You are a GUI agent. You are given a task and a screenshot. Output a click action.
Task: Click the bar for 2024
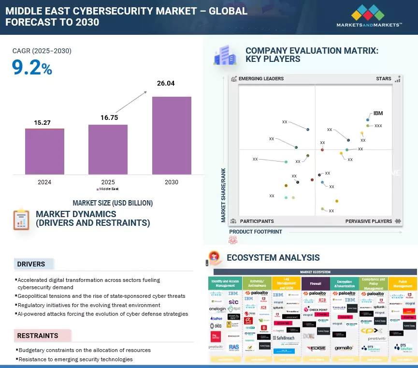pyautogui.click(x=44, y=151)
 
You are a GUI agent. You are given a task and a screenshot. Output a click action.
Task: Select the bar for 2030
pyautogui.click(x=172, y=135)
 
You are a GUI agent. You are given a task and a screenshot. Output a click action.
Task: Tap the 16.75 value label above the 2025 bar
pyautogui.click(x=108, y=117)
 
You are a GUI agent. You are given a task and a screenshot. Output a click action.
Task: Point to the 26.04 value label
pyautogui.click(x=166, y=83)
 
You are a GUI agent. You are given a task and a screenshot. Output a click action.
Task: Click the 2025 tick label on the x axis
pyautogui.click(x=108, y=182)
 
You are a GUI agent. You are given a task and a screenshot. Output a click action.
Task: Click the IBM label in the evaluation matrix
pyautogui.click(x=378, y=113)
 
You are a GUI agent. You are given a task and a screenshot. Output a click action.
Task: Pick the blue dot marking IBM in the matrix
pyautogui.click(x=368, y=119)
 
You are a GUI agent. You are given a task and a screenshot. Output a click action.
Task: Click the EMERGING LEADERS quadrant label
pyautogui.click(x=261, y=79)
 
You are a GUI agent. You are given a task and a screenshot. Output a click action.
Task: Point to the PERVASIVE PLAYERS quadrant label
pyautogui.click(x=369, y=221)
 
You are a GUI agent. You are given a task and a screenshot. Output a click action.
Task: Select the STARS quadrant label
pyautogui.click(x=384, y=79)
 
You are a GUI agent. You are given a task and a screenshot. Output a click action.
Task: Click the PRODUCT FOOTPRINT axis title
pyautogui.click(x=256, y=232)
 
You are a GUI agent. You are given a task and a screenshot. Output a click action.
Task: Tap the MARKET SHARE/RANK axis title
pyautogui.click(x=224, y=195)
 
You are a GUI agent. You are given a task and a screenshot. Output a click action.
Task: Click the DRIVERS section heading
pyautogui.click(x=31, y=264)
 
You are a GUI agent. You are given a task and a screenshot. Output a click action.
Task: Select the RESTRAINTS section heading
pyautogui.click(x=38, y=335)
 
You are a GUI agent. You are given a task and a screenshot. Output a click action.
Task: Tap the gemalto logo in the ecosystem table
pyautogui.click(x=345, y=348)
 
